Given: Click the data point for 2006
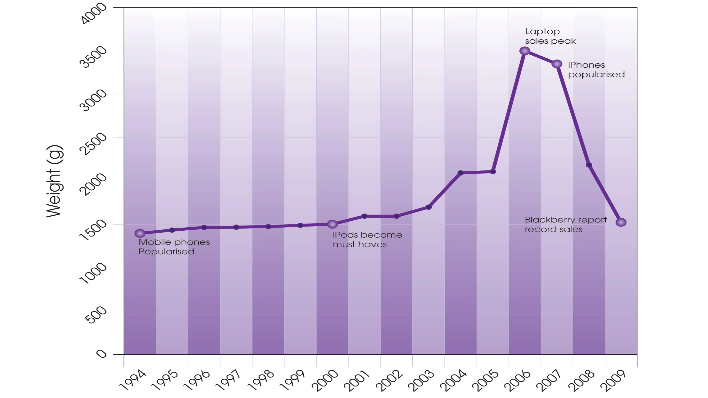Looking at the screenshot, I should coord(525,51).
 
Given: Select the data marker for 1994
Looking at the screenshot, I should coord(140,233).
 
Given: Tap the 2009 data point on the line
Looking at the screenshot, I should coord(621,222).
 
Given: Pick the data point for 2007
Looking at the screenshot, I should coord(557,64).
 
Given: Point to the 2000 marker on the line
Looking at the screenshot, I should coord(332,225).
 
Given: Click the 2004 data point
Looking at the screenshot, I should coord(461,173).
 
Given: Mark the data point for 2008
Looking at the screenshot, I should coord(589,165).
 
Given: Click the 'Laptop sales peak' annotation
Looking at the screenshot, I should coord(550,36).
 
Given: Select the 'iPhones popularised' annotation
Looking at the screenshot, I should coord(596,70).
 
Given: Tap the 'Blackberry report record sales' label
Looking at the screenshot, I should coord(566,225).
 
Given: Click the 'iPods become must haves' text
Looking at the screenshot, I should coord(367,240).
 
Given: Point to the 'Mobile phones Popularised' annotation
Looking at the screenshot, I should coord(174,247).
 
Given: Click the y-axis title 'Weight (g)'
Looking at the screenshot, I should coord(54,181).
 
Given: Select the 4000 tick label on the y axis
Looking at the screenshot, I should coord(93,14).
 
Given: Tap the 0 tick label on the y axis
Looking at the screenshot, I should coord(101,354).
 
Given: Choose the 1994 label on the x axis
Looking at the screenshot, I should coord(133,381).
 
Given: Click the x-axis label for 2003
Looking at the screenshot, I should coord(421,381).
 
